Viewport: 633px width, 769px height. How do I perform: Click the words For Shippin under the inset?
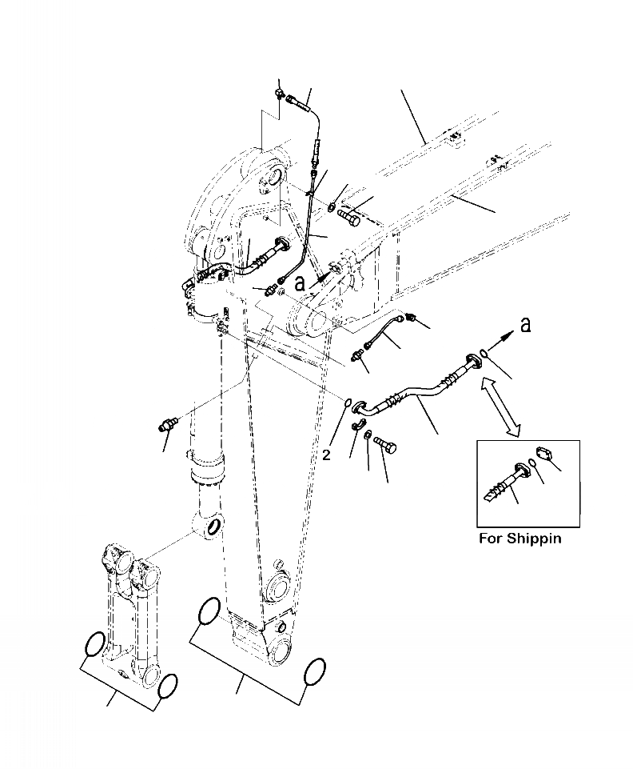tap(520, 539)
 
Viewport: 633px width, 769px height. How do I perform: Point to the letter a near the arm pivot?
tap(300, 282)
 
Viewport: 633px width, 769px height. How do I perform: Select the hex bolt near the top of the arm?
tap(349, 214)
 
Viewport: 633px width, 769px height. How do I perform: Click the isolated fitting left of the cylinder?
tap(169, 423)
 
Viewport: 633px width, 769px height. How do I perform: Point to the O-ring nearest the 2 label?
tap(350, 403)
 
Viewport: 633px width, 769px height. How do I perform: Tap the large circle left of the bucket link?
tap(94, 645)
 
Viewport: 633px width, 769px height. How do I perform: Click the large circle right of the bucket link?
tap(168, 686)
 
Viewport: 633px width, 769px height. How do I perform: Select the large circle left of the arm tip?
tap(206, 611)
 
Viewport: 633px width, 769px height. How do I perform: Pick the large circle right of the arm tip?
tap(315, 672)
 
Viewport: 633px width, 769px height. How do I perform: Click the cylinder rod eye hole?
tap(212, 527)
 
